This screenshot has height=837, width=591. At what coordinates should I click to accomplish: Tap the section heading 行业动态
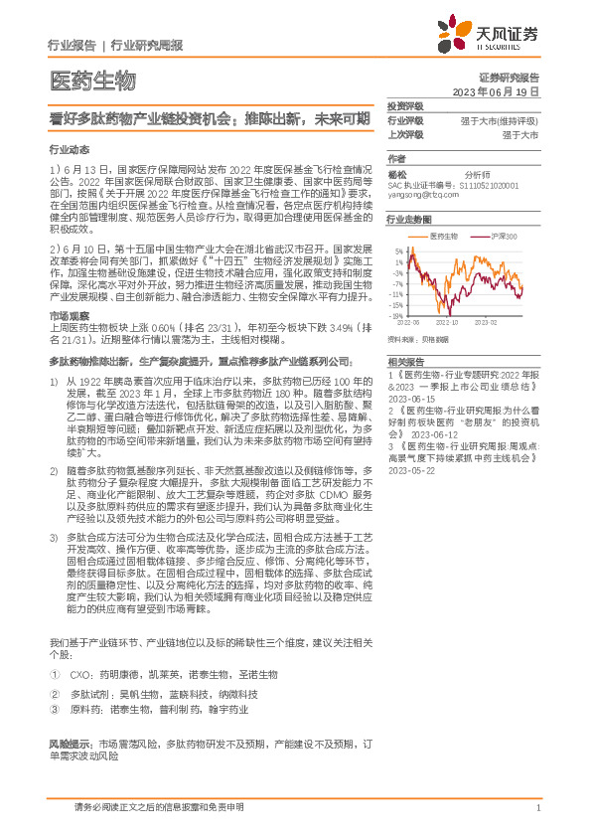tap(69, 148)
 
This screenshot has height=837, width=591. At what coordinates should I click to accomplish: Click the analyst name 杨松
tap(397, 172)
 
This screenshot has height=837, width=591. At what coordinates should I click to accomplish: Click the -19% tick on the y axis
tap(397, 316)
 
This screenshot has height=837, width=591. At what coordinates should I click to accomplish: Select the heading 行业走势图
tap(408, 218)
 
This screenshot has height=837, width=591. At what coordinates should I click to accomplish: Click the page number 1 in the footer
tap(537, 809)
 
